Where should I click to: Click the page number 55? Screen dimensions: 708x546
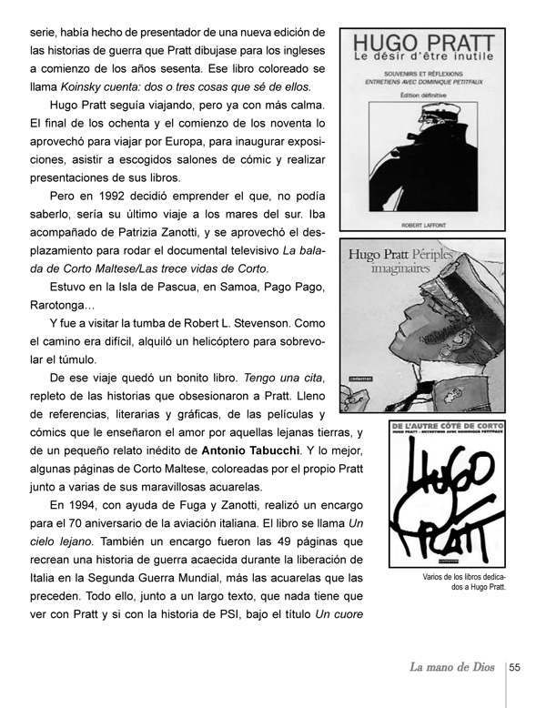514,667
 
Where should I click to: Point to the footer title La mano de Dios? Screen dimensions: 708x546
452,668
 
